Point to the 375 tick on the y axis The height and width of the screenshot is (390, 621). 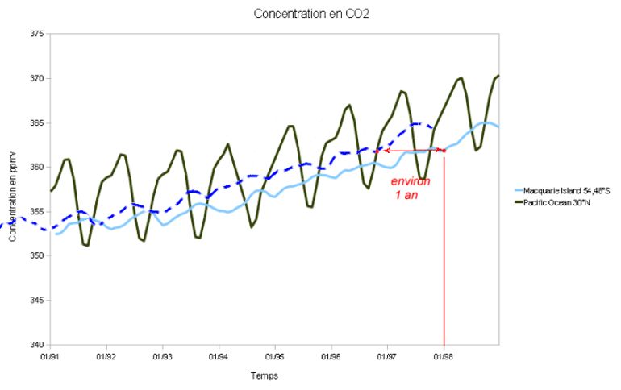click(x=37, y=34)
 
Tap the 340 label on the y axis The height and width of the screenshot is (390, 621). click(x=37, y=345)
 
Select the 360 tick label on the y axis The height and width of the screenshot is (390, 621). click(x=37, y=167)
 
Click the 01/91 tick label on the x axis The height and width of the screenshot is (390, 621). click(x=50, y=355)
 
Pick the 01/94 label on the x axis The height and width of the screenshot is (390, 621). click(x=219, y=355)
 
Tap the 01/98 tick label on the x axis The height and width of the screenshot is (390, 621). click(x=444, y=355)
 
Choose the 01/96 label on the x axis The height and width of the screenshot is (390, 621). click(x=331, y=355)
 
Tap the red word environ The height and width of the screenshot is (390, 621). click(x=411, y=181)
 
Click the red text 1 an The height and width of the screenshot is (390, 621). click(x=406, y=195)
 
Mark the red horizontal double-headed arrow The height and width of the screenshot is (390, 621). click(x=413, y=150)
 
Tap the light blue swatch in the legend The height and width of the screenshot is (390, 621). click(x=518, y=190)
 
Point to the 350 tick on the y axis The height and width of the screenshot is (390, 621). click(x=37, y=255)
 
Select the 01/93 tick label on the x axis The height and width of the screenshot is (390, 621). click(x=162, y=355)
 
